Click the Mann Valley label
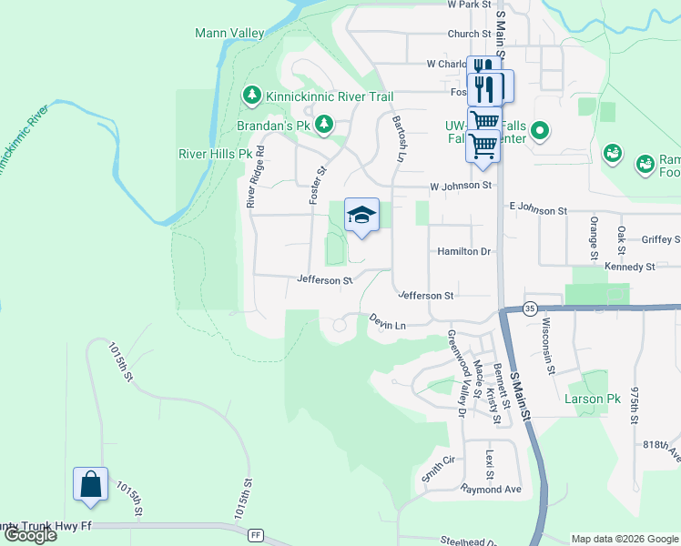(x=229, y=34)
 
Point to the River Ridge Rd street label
(x=255, y=177)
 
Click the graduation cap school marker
(x=361, y=215)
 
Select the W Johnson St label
(x=461, y=186)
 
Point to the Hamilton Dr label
(x=463, y=251)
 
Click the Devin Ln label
(x=386, y=320)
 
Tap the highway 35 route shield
(x=529, y=308)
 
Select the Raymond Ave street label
(x=491, y=490)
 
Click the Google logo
(x=30, y=535)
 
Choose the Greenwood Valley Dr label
(x=456, y=373)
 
